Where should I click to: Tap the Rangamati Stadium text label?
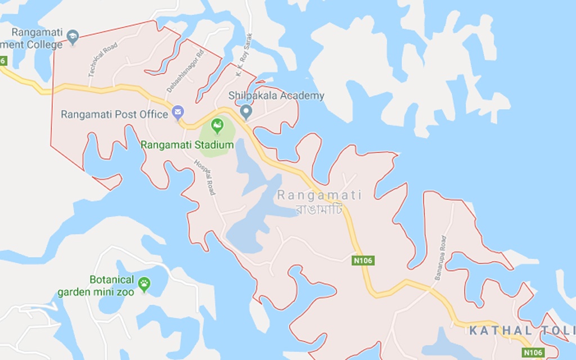(x=187, y=145)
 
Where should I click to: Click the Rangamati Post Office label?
(x=114, y=115)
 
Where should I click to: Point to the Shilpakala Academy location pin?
(x=245, y=111)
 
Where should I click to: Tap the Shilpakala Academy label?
(x=277, y=96)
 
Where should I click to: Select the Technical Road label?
(x=102, y=60)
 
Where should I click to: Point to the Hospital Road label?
(x=204, y=177)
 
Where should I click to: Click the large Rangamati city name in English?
(x=319, y=195)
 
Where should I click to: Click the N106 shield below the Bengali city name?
(x=363, y=260)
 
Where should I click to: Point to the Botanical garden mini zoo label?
(x=96, y=286)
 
